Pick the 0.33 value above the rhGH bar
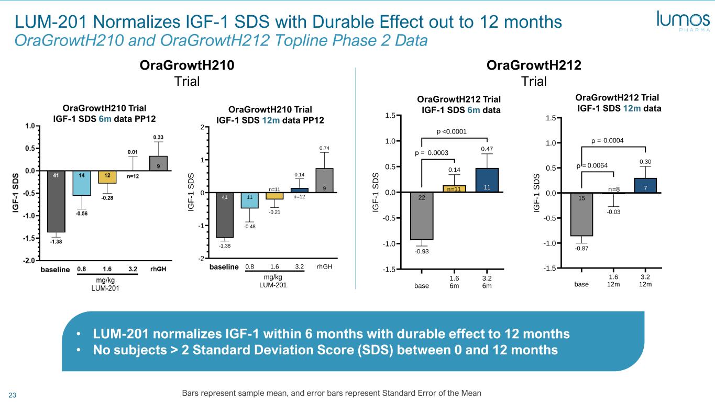pos(158,137)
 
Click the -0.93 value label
pos(422,252)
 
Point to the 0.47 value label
pos(487,149)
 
